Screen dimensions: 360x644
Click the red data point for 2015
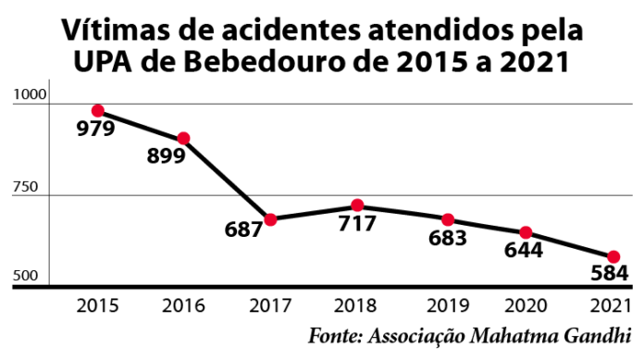click(x=97, y=111)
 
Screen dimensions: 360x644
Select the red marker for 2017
click(x=270, y=219)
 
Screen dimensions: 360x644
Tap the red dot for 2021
click(x=613, y=256)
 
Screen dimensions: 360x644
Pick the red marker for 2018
click(x=357, y=206)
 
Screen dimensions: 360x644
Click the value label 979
click(x=95, y=129)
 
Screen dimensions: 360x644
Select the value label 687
click(x=245, y=230)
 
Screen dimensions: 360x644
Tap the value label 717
click(x=357, y=224)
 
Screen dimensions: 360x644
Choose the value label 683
click(x=447, y=238)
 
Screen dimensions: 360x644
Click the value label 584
click(x=610, y=274)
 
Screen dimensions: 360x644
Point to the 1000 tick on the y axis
click(x=29, y=94)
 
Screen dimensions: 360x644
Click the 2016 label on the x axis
click(x=182, y=304)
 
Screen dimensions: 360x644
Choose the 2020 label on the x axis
click(x=526, y=304)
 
